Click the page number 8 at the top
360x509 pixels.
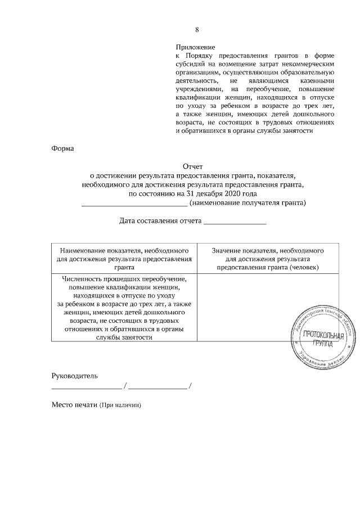click(x=196, y=30)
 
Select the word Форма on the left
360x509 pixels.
click(x=62, y=148)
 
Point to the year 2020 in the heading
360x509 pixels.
click(x=233, y=193)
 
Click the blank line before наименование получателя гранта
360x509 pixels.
click(x=134, y=205)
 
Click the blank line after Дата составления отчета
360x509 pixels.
click(x=235, y=223)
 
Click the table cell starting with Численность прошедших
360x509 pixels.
click(x=124, y=307)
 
